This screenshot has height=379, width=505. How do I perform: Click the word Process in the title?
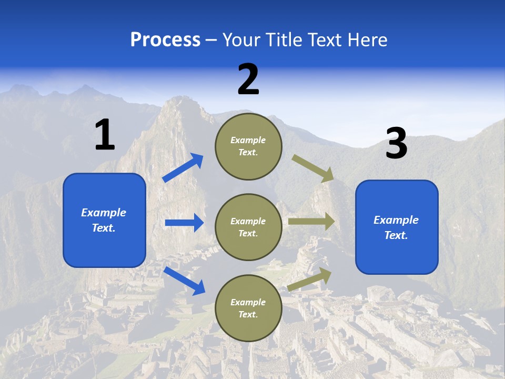point(165,39)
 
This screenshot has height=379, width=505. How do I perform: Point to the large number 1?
point(105,135)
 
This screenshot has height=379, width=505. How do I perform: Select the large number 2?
point(248,80)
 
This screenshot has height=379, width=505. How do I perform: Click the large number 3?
point(396,144)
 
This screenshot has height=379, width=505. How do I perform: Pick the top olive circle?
point(248,146)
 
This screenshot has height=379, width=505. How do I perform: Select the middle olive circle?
point(248,227)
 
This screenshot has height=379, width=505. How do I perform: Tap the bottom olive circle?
point(248,308)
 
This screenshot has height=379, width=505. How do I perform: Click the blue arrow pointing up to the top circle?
point(183,168)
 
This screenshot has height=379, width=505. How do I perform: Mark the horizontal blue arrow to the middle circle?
point(184,223)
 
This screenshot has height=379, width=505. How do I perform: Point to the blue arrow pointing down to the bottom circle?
point(184,280)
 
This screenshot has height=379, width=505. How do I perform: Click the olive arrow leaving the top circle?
point(313,168)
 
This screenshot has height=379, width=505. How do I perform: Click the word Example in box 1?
point(104,213)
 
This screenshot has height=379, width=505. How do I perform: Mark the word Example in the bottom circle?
point(248,302)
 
